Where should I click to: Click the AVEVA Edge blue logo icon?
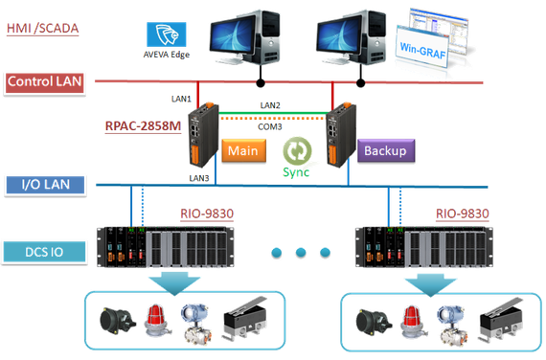pyautogui.click(x=167, y=34)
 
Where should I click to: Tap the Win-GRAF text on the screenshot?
pyautogui.click(x=422, y=51)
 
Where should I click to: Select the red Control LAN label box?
pyautogui.click(x=45, y=83)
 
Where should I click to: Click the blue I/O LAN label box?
pyautogui.click(x=45, y=185)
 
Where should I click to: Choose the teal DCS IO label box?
pyautogui.click(x=44, y=252)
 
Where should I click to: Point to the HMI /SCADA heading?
pyautogui.click(x=42, y=29)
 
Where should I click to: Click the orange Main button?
pyautogui.click(x=243, y=150)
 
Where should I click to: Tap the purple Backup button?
pyautogui.click(x=386, y=150)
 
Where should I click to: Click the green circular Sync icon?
pyautogui.click(x=297, y=151)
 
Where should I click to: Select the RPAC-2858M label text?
pyautogui.click(x=143, y=125)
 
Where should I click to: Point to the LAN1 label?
pyautogui.click(x=181, y=99)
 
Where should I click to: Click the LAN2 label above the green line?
pyautogui.click(x=270, y=105)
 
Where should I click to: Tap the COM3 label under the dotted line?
pyautogui.click(x=270, y=126)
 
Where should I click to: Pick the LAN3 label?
pyautogui.click(x=199, y=178)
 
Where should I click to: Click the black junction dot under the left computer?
pyautogui.click(x=261, y=83)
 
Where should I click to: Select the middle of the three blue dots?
pyautogui.click(x=301, y=252)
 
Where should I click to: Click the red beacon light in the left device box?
pyautogui.click(x=158, y=321)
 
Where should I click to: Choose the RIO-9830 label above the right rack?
pyautogui.click(x=463, y=214)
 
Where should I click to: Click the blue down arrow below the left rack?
pyautogui.click(x=174, y=284)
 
